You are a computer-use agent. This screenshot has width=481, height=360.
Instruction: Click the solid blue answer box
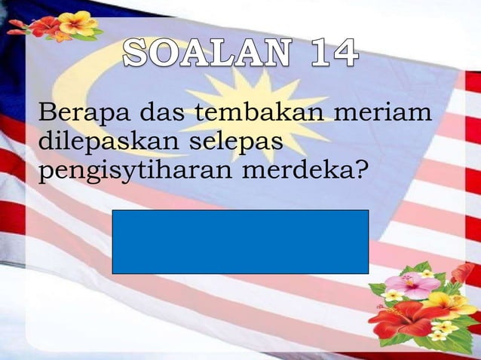point(240,241)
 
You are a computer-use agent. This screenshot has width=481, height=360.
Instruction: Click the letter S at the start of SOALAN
point(136,54)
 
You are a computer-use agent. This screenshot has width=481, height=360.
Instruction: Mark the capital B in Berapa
point(46,114)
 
